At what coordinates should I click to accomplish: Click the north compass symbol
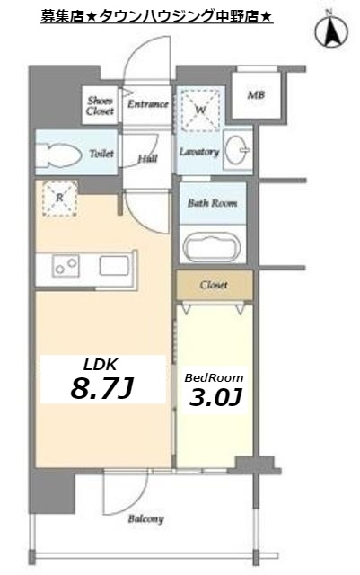coord(332,31)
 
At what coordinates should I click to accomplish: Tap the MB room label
coord(256,95)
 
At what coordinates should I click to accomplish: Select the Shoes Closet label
coord(100,105)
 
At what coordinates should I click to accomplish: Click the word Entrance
coord(148,104)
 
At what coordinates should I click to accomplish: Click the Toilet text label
coord(101,154)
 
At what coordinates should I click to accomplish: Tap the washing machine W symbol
coord(200,109)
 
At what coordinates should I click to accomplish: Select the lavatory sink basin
coord(237,150)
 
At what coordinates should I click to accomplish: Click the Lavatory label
coord(199,152)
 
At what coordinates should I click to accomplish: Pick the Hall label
coord(148,159)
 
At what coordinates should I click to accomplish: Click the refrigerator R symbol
coord(60,198)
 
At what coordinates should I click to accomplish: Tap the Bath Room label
coord(212,203)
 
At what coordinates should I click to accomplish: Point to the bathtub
coord(212,247)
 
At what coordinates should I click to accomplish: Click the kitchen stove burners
coord(66,266)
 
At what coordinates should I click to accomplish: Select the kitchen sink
coord(114,266)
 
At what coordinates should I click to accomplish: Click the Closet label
coord(214,285)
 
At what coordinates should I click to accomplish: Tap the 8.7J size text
coord(101,388)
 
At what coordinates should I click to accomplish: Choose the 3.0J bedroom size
coord(215,397)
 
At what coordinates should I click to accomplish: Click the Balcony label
coord(145,519)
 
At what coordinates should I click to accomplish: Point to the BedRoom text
coord(214,377)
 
